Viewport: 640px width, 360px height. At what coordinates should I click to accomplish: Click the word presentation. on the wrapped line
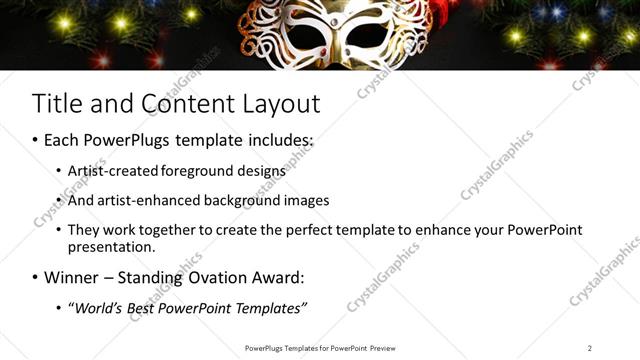pos(112,247)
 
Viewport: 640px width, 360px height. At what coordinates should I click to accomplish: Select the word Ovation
pos(204,277)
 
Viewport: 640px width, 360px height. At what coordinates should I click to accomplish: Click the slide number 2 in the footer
pos(590,348)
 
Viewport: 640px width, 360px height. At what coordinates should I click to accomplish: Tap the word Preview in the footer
pos(382,348)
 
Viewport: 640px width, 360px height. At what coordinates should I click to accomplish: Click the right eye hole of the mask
pos(358,37)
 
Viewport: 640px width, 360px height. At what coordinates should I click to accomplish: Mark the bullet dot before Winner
pos(36,277)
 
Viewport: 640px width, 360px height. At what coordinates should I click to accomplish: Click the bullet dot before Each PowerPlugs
pos(36,141)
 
